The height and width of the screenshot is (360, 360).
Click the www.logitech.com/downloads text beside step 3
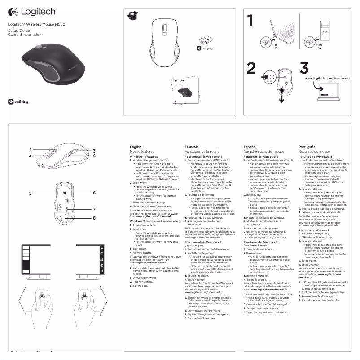327,78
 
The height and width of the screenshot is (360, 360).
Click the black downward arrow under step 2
281,98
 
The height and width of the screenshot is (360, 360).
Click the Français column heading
192,147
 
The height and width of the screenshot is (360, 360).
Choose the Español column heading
250,147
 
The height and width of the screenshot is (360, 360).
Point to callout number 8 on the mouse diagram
95,218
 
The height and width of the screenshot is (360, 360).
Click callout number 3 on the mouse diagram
95,151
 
